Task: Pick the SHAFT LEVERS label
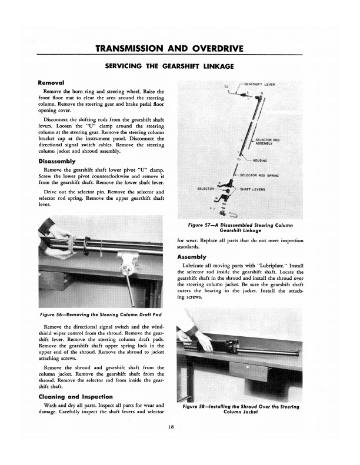click(x=254, y=189)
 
